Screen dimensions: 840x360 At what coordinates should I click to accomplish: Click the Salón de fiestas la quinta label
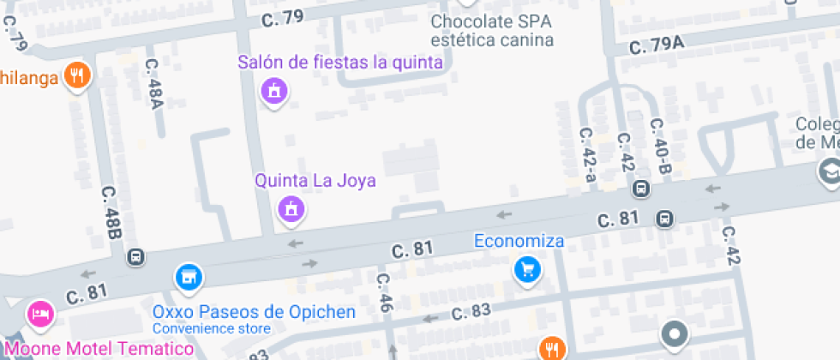tap(340, 62)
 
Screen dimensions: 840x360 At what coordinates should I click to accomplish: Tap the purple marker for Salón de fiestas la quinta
tap(273, 89)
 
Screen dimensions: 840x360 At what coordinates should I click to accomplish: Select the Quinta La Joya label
tap(315, 181)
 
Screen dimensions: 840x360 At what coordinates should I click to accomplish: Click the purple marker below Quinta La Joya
tap(291, 207)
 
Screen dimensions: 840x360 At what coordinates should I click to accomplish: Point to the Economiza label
tap(519, 241)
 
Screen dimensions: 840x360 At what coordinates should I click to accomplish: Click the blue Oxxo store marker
tap(188, 276)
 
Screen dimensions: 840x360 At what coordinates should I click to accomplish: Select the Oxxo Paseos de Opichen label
tap(254, 311)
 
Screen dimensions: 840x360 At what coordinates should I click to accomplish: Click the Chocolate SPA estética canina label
tap(492, 30)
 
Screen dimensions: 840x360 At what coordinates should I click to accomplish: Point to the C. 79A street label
tap(657, 47)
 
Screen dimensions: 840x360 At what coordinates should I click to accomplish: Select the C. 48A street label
tap(154, 84)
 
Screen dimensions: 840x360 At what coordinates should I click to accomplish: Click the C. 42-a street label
tap(588, 154)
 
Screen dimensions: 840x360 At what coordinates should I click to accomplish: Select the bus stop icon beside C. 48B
tap(135, 257)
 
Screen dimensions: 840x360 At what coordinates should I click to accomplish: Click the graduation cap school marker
tap(829, 171)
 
